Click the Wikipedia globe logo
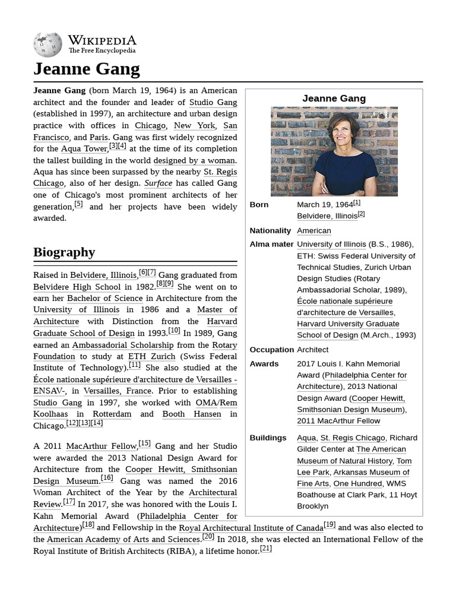[x=47, y=45]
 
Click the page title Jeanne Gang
[x=87, y=69]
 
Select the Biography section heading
[x=64, y=252]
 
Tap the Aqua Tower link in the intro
[x=84, y=148]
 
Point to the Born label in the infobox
[x=259, y=204]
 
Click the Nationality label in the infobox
[x=270, y=230]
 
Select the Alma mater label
[x=271, y=244]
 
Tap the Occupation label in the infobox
[x=271, y=350]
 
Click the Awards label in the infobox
[x=263, y=363]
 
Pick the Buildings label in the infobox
[x=268, y=438]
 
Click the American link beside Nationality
[x=314, y=230]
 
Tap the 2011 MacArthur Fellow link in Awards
[x=338, y=421]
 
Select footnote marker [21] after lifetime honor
[x=265, y=549]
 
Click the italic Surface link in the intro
[x=158, y=183]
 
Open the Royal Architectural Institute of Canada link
[x=251, y=527]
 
